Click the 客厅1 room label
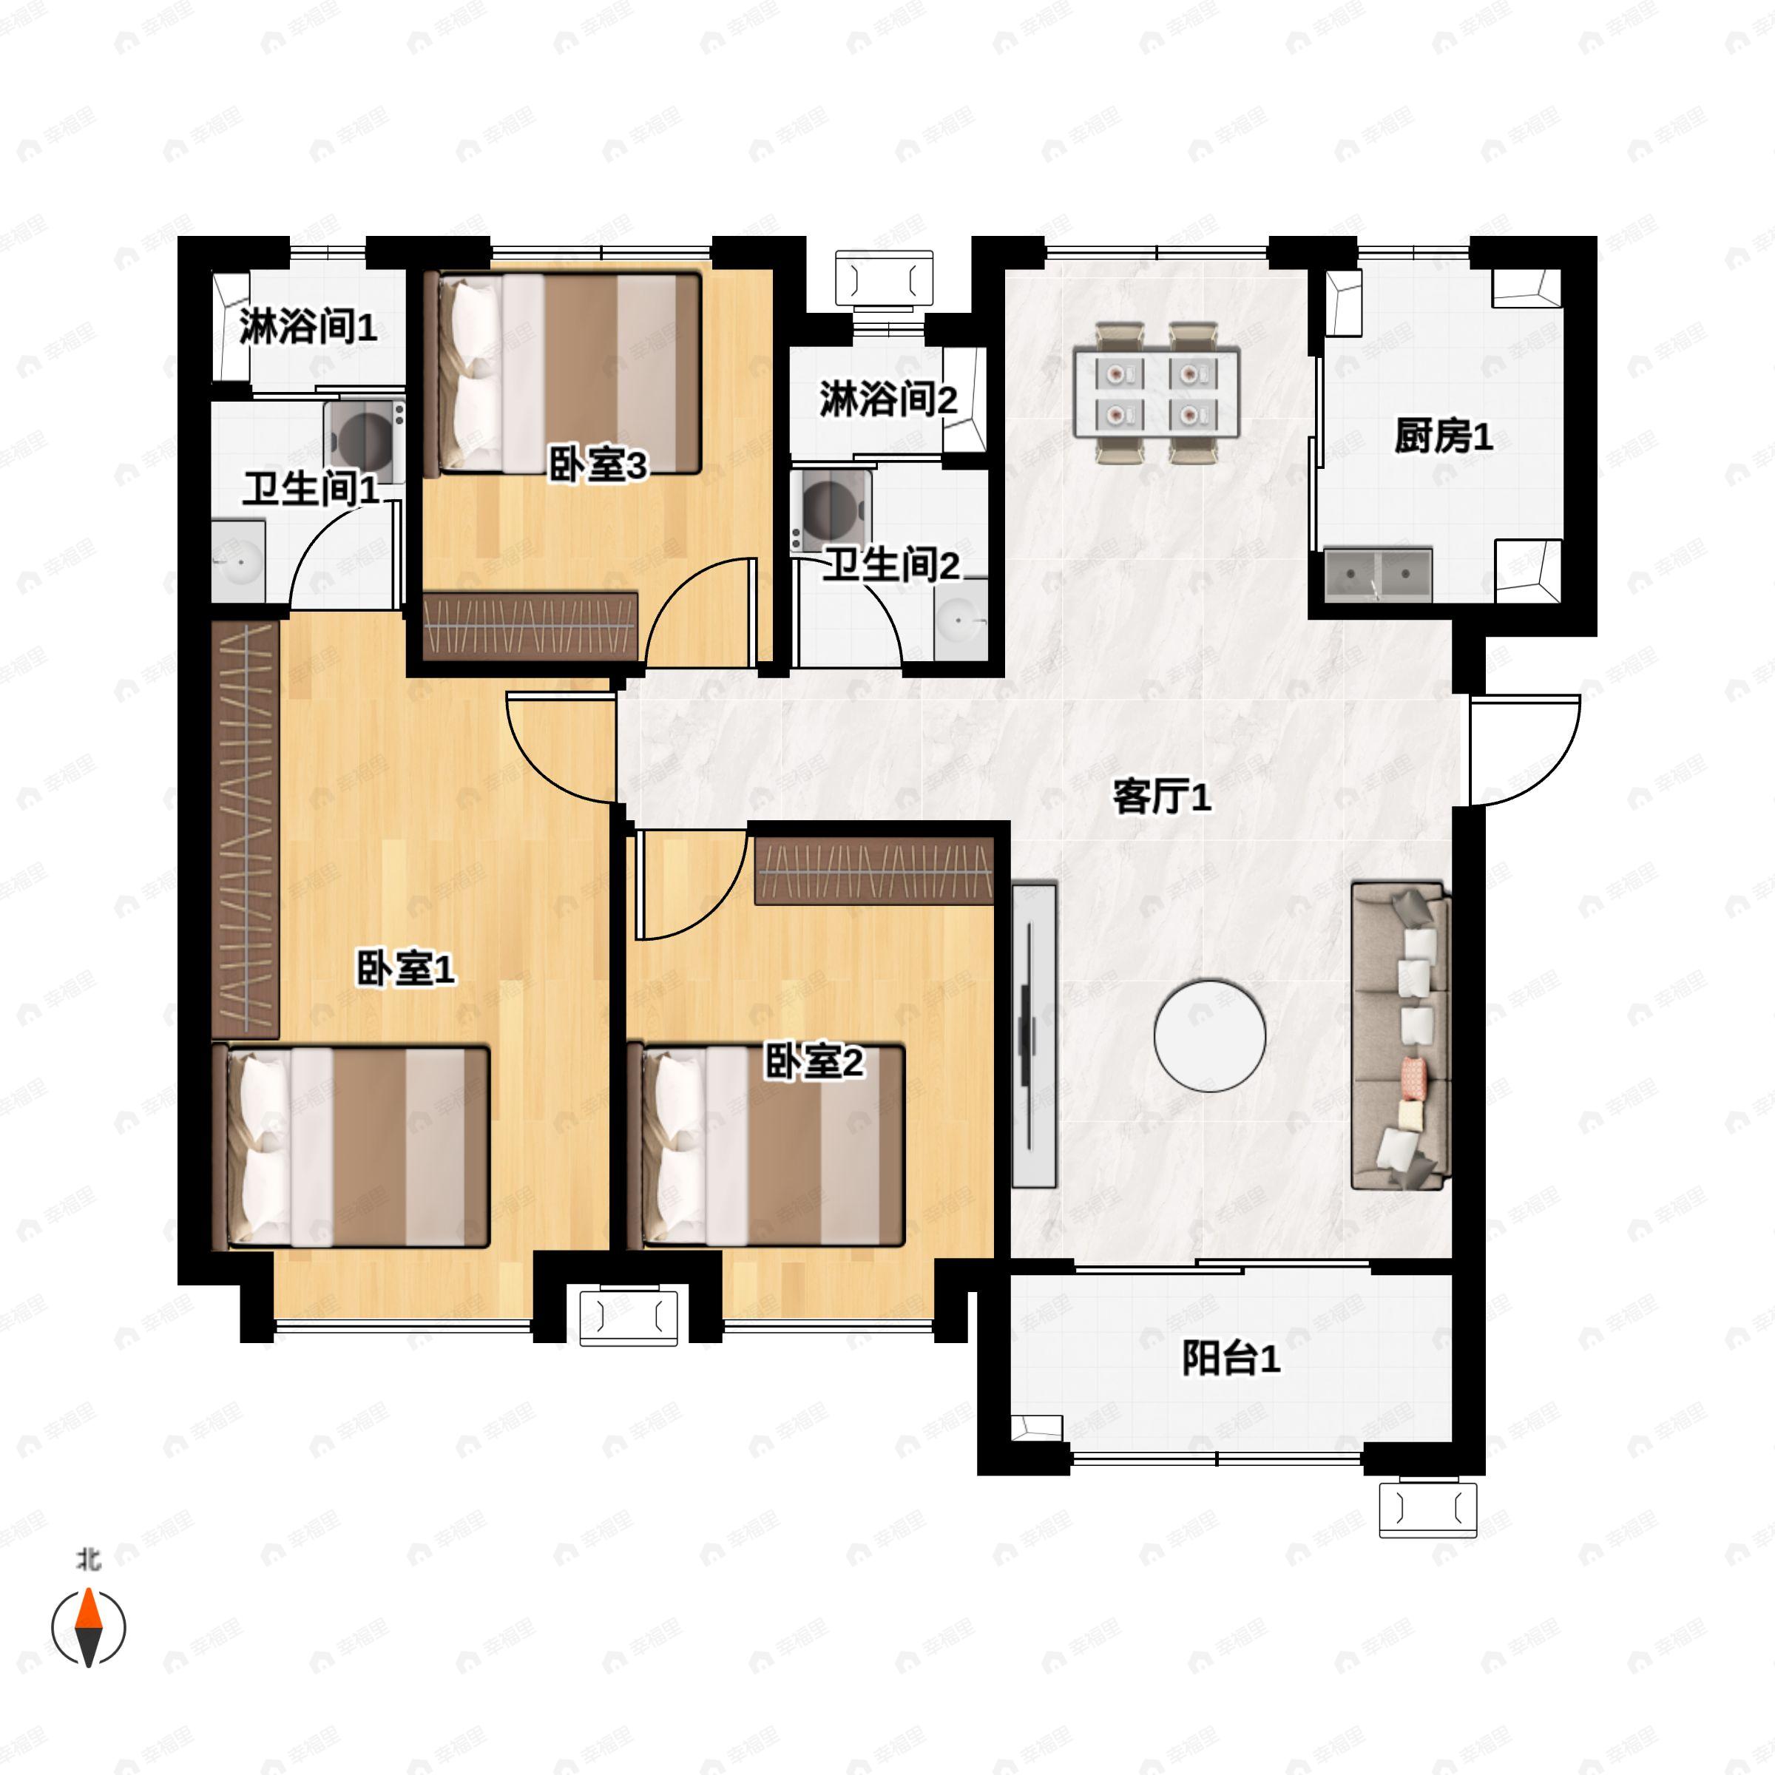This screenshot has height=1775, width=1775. tap(1161, 797)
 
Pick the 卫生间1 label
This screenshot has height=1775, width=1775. tap(310, 489)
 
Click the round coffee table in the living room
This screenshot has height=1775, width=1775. tap(1209, 1035)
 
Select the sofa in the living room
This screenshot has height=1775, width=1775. tap(1399, 1035)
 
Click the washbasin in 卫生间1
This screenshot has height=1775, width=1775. tap(238, 561)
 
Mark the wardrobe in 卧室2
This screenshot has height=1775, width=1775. tap(873, 870)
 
